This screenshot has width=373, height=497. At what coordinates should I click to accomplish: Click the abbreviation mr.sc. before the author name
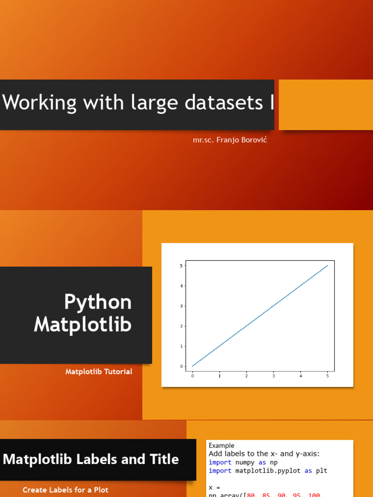(204, 140)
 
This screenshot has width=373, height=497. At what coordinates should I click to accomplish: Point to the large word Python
(98, 302)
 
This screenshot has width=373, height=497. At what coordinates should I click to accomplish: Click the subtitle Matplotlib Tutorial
(99, 372)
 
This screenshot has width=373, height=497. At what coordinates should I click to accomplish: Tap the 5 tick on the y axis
(181, 265)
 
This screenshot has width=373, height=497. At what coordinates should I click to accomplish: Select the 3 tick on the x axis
(273, 376)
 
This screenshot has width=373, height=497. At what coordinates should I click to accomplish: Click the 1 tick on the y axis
(181, 346)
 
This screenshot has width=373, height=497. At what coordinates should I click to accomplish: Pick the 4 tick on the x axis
(301, 376)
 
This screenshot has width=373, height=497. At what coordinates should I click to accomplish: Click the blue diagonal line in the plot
(260, 315)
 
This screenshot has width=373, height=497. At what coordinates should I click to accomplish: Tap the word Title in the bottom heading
(161, 459)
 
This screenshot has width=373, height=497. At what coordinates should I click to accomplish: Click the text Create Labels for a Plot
(66, 490)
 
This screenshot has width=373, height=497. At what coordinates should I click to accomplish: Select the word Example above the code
(221, 446)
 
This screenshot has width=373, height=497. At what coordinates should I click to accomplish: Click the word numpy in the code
(246, 463)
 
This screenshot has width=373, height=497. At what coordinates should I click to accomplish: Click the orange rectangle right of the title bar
(325, 105)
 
